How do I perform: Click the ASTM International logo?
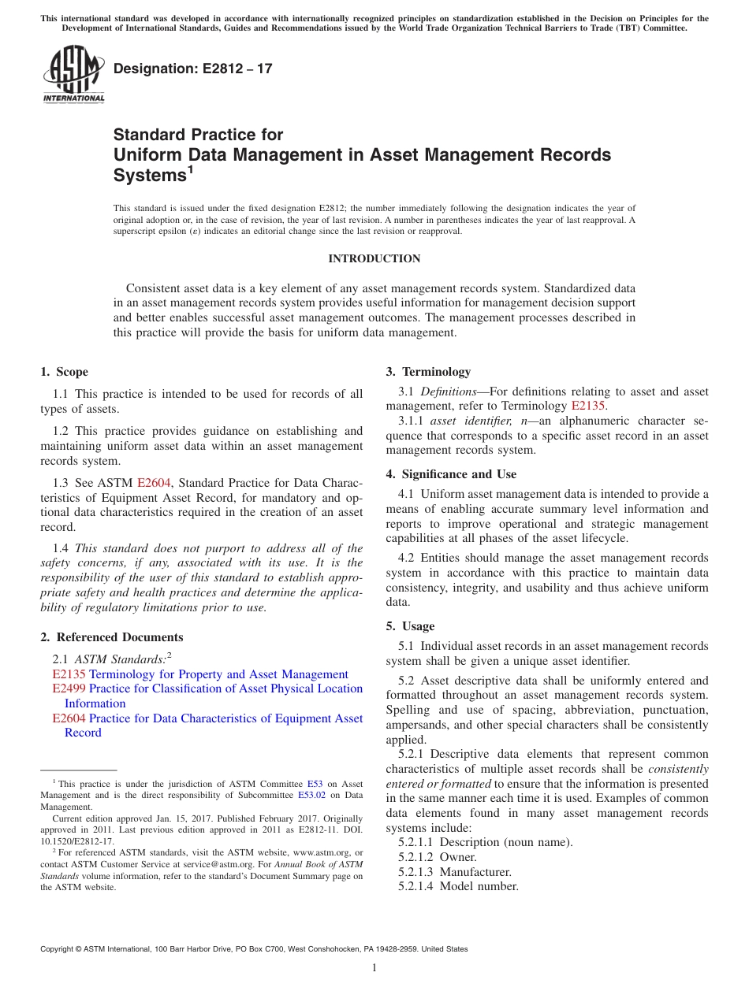pos(73,73)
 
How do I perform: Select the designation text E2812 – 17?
pos(193,69)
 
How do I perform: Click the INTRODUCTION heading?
pos(374,258)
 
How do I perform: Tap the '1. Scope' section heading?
pos(64,372)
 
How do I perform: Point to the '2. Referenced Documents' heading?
pos(111,637)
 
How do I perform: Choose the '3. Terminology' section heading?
pos(427,372)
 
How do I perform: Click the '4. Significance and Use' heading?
pos(451,474)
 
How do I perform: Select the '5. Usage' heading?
pos(410,626)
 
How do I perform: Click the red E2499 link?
pos(69,689)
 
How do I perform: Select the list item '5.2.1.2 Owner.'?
pos(438,857)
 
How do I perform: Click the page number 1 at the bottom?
pos(374,967)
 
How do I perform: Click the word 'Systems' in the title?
pos(149,176)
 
